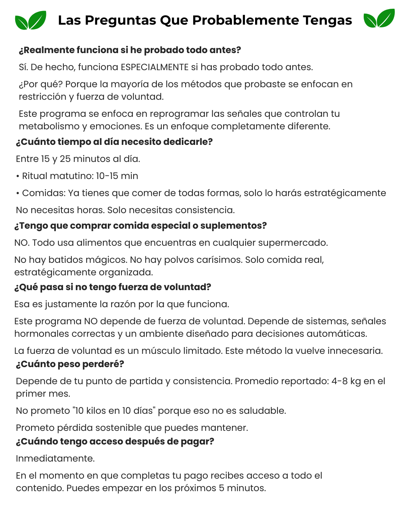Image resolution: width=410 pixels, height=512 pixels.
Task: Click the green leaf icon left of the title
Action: pyautogui.click(x=30, y=20)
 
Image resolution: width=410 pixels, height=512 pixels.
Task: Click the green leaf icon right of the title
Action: pyautogui.click(x=379, y=19)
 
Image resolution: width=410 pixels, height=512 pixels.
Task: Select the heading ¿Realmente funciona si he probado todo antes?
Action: pyautogui.click(x=130, y=50)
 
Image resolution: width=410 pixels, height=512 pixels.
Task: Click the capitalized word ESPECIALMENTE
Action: pyautogui.click(x=155, y=67)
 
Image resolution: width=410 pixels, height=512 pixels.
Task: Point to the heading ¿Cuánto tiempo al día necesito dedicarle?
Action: pyautogui.click(x=114, y=142)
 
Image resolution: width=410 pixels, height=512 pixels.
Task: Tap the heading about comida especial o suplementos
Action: pyautogui.click(x=140, y=226)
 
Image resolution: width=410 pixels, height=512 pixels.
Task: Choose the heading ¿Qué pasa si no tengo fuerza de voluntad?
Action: pyautogui.click(x=112, y=287)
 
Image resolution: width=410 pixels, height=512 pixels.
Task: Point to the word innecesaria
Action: pyautogui.click(x=355, y=351)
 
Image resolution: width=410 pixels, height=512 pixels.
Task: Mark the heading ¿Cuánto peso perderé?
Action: pyautogui.click(x=70, y=364)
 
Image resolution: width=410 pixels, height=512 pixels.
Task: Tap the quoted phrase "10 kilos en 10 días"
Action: pyautogui.click(x=114, y=411)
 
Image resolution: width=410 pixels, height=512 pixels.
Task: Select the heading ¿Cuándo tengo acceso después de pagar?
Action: pyautogui.click(x=115, y=441)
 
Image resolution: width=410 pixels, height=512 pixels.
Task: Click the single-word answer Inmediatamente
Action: pyautogui.click(x=55, y=459)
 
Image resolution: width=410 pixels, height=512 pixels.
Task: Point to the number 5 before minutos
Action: pyautogui.click(x=221, y=488)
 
